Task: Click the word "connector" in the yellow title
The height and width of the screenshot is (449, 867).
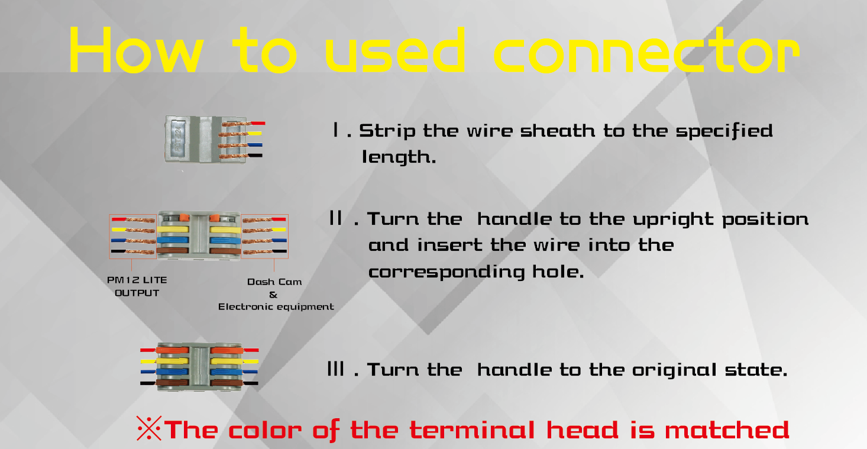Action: click(647, 50)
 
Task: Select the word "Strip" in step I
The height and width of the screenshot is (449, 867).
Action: click(387, 131)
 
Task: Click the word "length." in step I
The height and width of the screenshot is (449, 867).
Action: click(399, 157)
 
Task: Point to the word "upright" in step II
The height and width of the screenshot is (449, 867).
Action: click(673, 219)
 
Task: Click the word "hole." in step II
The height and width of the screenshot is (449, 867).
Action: click(558, 272)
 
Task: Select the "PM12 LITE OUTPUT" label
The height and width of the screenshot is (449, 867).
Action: click(137, 286)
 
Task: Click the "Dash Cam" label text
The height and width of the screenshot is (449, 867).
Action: click(274, 282)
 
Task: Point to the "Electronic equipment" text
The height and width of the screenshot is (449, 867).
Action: click(276, 306)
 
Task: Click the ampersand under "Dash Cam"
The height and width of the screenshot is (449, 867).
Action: click(273, 295)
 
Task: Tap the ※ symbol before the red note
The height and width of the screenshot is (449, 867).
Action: click(149, 428)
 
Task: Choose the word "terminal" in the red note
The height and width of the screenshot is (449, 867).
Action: click(472, 429)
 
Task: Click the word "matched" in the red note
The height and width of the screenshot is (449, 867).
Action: click(727, 429)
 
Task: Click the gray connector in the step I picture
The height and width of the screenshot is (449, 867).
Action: click(206, 139)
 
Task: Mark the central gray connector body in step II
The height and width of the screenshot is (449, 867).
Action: click(199, 235)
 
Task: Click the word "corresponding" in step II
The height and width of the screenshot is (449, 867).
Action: click(447, 272)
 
